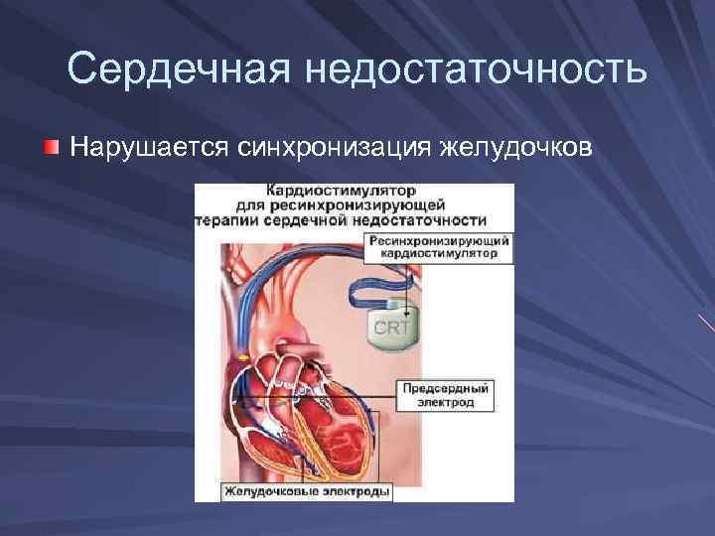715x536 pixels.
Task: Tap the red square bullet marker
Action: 52,148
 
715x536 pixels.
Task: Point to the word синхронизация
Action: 334,148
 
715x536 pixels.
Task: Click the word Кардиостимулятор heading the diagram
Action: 341,190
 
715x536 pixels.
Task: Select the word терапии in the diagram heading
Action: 227,220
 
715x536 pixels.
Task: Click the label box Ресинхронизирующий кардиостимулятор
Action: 439,248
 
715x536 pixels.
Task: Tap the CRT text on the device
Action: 394,327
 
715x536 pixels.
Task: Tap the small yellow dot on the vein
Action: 242,355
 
